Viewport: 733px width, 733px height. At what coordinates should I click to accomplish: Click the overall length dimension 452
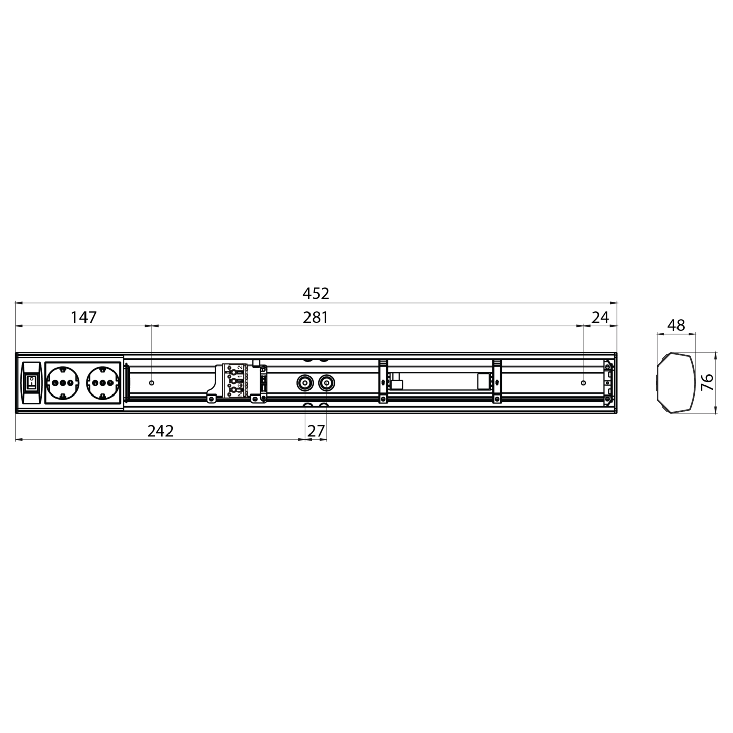316,294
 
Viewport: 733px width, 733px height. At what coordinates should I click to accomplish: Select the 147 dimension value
83,318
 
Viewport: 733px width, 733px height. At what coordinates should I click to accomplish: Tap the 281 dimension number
316,318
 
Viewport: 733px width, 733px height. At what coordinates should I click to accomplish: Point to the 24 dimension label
601,318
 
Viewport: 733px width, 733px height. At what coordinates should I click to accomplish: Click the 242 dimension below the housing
160,431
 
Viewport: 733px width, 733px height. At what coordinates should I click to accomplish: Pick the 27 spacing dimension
316,431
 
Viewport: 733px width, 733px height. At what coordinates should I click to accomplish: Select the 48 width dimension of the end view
676,325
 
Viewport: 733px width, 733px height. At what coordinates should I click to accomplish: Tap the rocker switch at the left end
31,382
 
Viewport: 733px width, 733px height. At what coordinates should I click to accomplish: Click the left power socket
64,382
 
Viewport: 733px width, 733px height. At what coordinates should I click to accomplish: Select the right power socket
103,382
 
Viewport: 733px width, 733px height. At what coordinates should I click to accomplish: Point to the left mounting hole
151,382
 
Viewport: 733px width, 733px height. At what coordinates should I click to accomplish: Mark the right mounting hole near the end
583,382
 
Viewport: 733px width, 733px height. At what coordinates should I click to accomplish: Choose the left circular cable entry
305,382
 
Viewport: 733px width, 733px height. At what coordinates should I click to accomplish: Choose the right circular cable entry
326,382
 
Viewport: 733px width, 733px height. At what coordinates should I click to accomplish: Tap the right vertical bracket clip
497,381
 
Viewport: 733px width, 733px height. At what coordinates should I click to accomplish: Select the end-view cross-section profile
675,382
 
